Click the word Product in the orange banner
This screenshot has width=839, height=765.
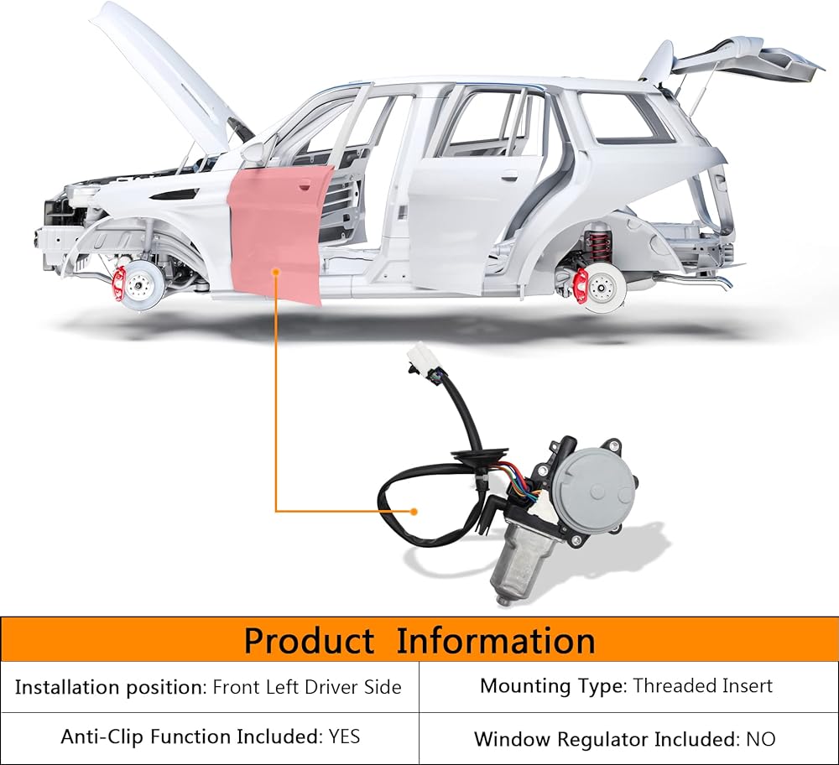point(310,642)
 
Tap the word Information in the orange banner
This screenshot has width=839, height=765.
point(495,642)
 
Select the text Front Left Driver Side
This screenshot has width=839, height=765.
point(307,688)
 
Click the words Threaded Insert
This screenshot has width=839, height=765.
point(702,686)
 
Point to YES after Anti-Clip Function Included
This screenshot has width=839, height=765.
point(344,737)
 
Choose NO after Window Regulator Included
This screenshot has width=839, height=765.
point(761,739)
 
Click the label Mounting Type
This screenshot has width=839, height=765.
point(552,686)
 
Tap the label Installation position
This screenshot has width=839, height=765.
point(110,688)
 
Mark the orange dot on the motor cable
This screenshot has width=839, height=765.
point(414,510)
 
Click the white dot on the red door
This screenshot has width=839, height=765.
point(277,271)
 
